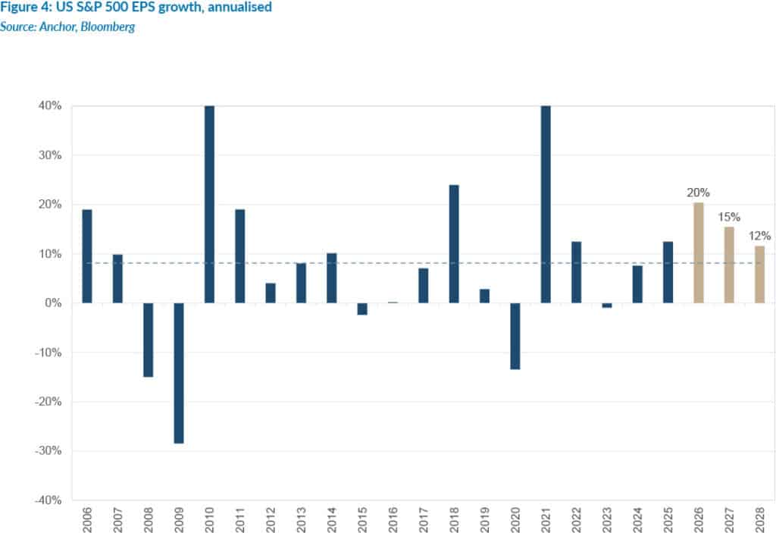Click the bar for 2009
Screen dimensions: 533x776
tap(179, 372)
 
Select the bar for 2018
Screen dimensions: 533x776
tap(454, 243)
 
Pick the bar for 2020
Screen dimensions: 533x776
tap(515, 336)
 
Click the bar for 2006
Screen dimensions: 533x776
tap(87, 256)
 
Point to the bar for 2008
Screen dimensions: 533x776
tap(149, 340)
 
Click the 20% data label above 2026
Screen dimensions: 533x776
tap(698, 193)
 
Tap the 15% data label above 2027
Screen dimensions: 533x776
tap(729, 218)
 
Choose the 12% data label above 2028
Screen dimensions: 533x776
tap(759, 236)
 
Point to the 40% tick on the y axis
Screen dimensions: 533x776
tap(50, 106)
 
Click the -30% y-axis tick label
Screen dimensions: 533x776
tap(48, 451)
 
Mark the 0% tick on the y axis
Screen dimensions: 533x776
tap(53, 303)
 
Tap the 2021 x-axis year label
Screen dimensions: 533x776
tap(546, 517)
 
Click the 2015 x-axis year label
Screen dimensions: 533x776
tap(362, 517)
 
